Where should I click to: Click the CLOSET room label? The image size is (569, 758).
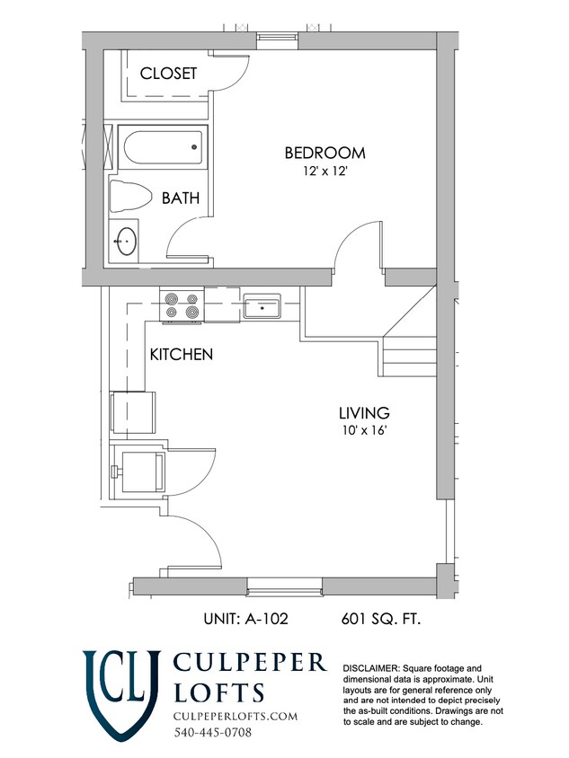coord(168,74)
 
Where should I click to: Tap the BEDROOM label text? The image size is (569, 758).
coord(325,153)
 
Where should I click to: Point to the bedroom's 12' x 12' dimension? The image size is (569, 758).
coord(325,172)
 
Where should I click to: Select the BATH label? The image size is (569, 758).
coord(181,198)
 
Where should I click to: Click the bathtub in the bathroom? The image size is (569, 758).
coord(163,147)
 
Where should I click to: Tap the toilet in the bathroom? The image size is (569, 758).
coord(129,197)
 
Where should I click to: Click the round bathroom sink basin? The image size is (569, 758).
coord(126,241)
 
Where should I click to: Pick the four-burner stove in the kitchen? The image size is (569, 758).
coord(182,305)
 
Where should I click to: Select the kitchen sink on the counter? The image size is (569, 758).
coord(262,306)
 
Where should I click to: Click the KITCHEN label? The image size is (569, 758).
coord(182,355)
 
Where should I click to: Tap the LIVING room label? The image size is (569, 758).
coord(364,413)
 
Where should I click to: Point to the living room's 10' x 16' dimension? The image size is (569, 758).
coord(364,430)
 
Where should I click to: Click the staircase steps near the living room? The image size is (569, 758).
coord(410,355)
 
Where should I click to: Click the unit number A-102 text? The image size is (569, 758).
coord(245,618)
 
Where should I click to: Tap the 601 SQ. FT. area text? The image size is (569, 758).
coord(381,618)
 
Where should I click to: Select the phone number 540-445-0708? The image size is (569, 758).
coord(213,732)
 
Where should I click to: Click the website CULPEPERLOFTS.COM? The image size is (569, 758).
coord(236,716)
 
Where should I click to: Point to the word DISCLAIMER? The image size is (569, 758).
coord(371,668)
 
